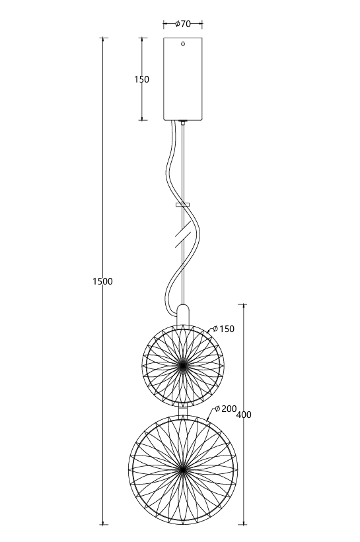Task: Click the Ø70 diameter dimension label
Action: pos(183,24)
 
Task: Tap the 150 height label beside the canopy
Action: pos(142,79)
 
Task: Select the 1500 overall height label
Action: pos(102,282)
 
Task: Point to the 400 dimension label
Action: pos(244,415)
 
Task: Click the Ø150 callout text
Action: pos(223,329)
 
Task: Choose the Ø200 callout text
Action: pos(225,409)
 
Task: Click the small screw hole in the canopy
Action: pos(183,44)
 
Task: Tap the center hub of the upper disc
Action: pos(183,365)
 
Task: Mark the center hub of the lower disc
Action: pos(183,469)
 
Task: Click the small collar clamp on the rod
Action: pos(183,205)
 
